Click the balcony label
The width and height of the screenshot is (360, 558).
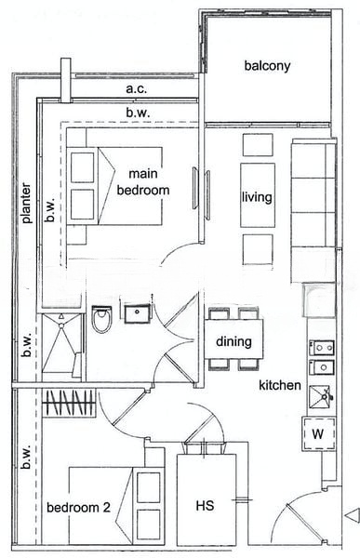tap(267, 66)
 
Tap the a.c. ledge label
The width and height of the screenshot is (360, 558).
tap(137, 88)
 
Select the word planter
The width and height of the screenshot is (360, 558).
tap(26, 203)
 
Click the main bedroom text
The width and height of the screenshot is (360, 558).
tap(143, 182)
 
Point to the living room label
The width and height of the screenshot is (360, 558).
tap(257, 197)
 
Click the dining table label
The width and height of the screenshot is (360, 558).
tap(233, 341)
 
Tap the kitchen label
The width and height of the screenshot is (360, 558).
tap(280, 385)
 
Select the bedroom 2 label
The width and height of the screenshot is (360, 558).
tap(78, 508)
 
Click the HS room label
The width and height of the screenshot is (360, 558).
tap(205, 506)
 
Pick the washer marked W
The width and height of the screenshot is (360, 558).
tap(318, 433)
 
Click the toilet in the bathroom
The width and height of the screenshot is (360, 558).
tap(101, 319)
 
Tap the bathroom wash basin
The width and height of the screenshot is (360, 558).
tap(138, 312)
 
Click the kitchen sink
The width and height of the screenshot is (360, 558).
tap(321, 396)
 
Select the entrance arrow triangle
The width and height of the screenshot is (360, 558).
tap(353, 515)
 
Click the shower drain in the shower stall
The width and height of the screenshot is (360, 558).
tap(61, 325)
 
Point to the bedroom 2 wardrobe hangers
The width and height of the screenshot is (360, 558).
tap(69, 403)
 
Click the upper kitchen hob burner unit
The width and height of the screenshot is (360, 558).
tap(322, 348)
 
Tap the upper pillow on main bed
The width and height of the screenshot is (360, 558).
tap(83, 167)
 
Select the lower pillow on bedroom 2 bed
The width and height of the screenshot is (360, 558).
tap(149, 524)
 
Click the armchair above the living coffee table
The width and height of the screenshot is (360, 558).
tap(258, 145)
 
